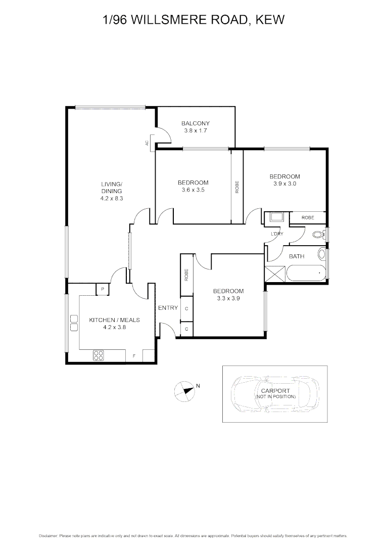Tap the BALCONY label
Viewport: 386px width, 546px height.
click(195, 123)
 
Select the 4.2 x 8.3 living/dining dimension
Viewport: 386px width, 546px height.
click(111, 199)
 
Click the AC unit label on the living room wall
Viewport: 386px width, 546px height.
click(147, 143)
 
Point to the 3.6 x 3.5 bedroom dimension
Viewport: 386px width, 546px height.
click(192, 190)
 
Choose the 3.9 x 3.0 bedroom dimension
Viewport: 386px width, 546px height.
click(284, 184)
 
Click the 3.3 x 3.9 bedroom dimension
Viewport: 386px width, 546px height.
click(228, 298)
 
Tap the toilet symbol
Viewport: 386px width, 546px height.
click(319, 235)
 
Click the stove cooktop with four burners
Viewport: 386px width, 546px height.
click(99, 356)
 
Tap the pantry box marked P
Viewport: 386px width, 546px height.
click(103, 289)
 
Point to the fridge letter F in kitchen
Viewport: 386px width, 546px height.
click(134, 356)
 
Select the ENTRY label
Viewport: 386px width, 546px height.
click(168, 308)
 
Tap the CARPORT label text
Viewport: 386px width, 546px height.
click(275, 391)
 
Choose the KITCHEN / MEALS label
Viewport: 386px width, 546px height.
click(114, 320)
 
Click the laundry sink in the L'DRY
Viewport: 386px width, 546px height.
click(276, 218)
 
